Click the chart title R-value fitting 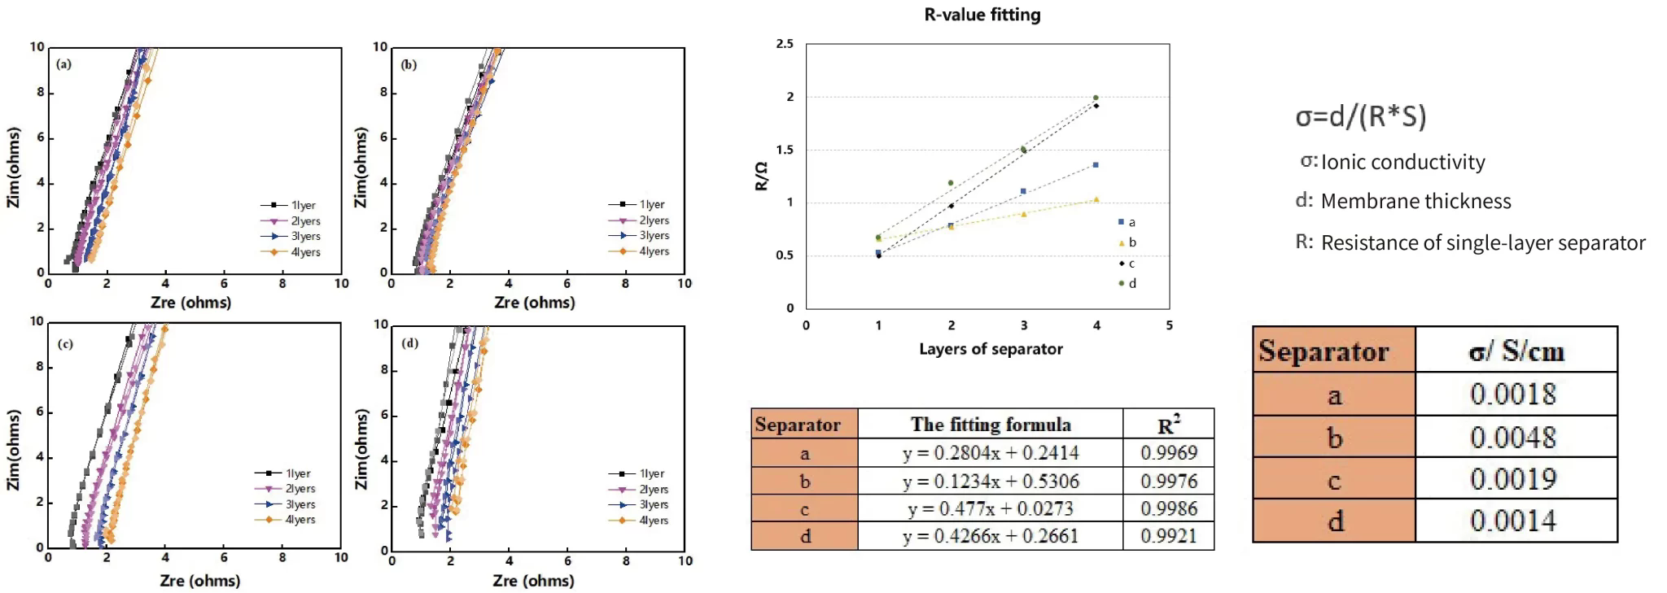982,15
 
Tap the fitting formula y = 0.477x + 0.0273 990,509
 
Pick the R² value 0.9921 1168,536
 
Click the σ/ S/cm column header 1516,351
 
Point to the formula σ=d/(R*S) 1361,117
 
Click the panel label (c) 65,344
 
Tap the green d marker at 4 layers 1096,98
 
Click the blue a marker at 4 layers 1096,165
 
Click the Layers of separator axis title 991,349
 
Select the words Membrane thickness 1415,202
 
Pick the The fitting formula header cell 990,425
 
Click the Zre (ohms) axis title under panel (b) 534,303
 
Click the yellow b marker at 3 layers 1024,214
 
